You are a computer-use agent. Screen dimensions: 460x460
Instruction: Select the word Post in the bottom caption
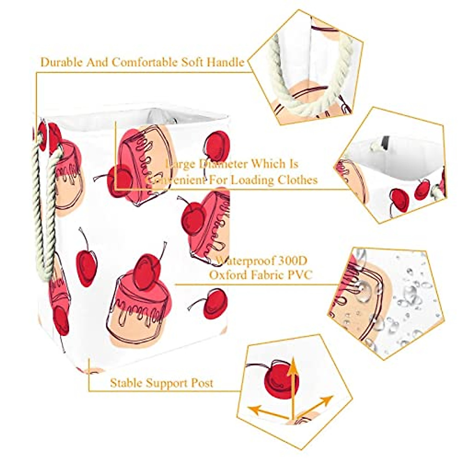[x=202, y=383]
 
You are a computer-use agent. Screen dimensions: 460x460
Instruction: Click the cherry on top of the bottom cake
[x=147, y=271]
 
